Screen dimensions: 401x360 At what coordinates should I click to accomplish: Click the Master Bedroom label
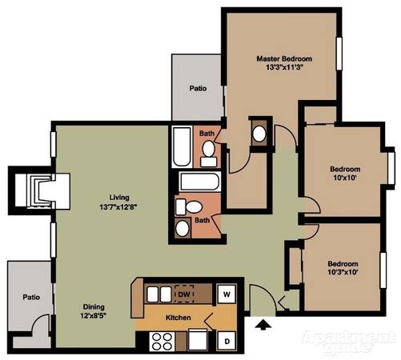point(284,58)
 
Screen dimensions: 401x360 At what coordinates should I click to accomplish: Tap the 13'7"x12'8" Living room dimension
point(118,207)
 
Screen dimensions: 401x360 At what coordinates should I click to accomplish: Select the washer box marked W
point(227,294)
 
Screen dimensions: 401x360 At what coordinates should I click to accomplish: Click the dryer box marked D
point(227,341)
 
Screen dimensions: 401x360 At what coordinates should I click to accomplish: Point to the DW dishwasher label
point(184,294)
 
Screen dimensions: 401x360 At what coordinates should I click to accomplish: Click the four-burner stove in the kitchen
point(162,341)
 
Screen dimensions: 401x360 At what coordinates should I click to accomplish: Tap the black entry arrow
point(263,325)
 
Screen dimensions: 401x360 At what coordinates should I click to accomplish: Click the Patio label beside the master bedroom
point(198,88)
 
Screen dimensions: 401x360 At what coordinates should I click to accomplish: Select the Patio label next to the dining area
point(31,297)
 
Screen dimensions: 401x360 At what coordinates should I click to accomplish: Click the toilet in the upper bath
point(209,154)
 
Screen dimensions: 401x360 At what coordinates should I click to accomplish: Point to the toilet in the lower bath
point(189,207)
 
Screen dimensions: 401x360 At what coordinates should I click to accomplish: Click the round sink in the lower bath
point(182,229)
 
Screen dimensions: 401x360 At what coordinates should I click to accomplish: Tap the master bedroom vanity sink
point(259,134)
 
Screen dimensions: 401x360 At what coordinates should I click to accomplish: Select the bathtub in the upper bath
point(182,146)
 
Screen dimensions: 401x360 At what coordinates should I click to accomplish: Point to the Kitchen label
point(178,318)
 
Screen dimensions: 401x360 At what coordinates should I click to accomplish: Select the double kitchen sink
point(159,294)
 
